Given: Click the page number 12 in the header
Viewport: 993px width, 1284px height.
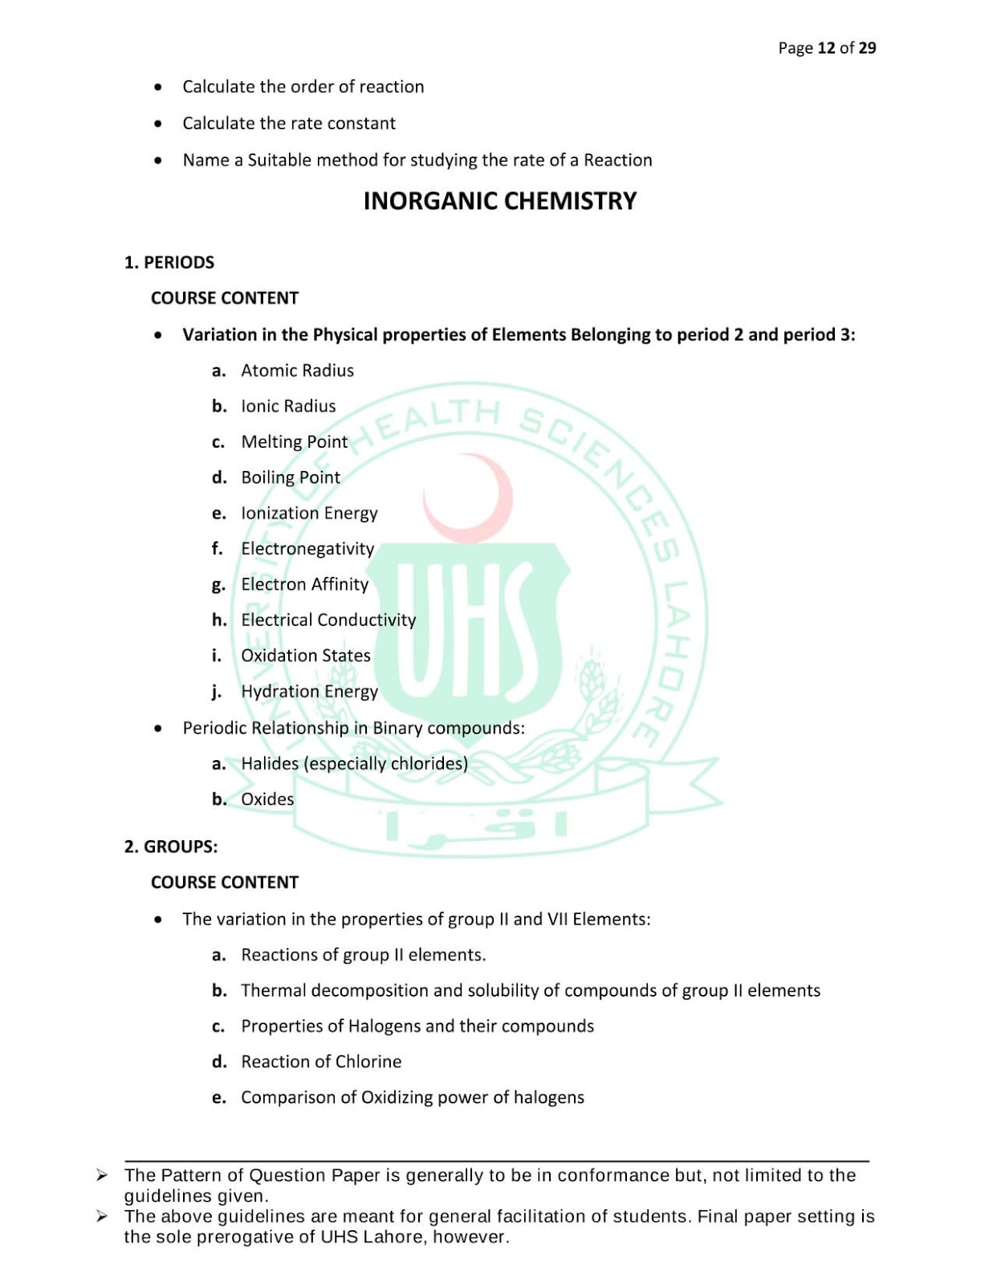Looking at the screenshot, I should [826, 48].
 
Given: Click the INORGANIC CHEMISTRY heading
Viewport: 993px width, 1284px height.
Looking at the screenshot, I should [499, 201].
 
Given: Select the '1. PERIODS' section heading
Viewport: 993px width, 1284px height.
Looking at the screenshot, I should [169, 262].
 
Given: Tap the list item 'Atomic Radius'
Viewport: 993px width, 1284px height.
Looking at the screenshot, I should [297, 371].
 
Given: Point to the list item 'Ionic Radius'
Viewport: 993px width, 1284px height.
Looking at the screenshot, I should [288, 406].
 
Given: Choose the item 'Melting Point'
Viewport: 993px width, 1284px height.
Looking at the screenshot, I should [294, 442].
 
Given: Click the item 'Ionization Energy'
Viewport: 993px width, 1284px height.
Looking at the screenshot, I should [309, 514].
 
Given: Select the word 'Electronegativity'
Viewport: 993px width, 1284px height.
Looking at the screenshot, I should [307, 549].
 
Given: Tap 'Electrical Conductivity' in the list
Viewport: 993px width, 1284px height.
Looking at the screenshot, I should [328, 620].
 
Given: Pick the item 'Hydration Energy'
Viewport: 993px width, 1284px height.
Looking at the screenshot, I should [309, 692].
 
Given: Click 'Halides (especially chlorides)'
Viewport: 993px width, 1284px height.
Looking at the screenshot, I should [354, 763].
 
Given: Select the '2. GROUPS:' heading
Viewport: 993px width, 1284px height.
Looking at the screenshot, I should [171, 847].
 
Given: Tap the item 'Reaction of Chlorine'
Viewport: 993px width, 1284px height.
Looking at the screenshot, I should [321, 1062].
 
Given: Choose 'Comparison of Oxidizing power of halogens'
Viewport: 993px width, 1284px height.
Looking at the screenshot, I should [413, 1097].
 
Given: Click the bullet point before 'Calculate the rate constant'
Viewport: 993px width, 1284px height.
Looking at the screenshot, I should [158, 124].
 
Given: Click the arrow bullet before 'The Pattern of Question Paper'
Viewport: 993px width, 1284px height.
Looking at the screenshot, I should [102, 1176].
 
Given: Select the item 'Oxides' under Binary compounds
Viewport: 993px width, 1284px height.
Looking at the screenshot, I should [267, 799].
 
